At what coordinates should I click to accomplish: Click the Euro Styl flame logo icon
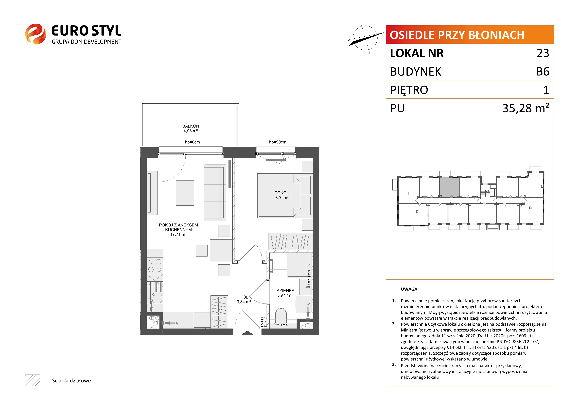coord(35,34)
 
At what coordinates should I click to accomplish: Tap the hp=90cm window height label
coord(278,142)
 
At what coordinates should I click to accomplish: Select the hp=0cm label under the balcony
coord(192,142)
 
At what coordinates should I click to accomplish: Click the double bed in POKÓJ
coord(279,196)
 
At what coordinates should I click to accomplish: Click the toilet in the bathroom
coord(281,315)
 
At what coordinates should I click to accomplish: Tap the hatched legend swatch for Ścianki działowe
coord(33,380)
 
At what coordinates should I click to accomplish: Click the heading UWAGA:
coord(410,289)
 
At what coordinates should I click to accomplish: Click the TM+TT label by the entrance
coord(262,322)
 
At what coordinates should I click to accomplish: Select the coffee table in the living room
coord(185,193)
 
